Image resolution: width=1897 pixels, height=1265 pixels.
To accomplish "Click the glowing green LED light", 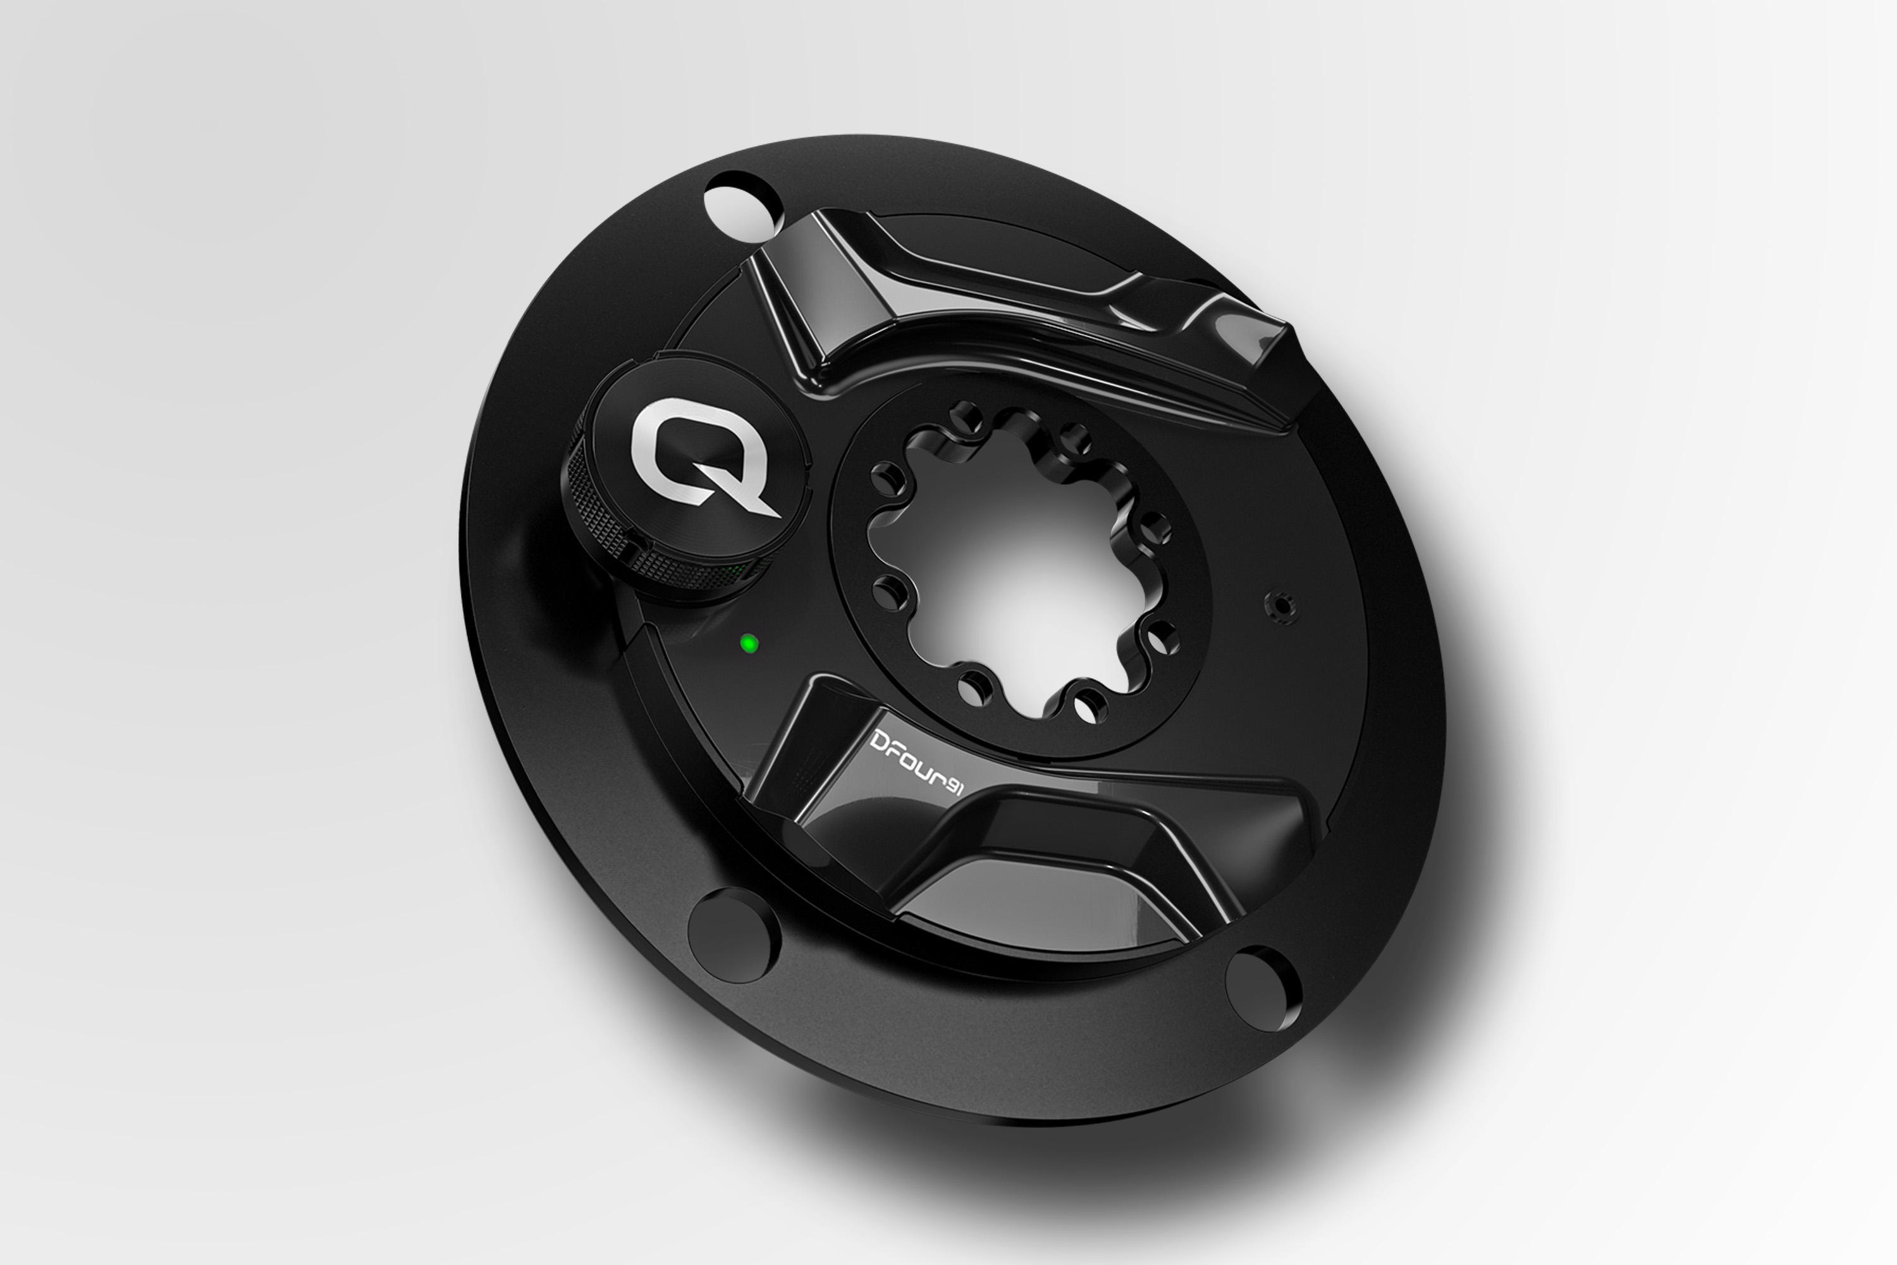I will tap(749, 644).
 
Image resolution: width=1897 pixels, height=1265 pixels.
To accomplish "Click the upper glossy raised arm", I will tap(1008, 323).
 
